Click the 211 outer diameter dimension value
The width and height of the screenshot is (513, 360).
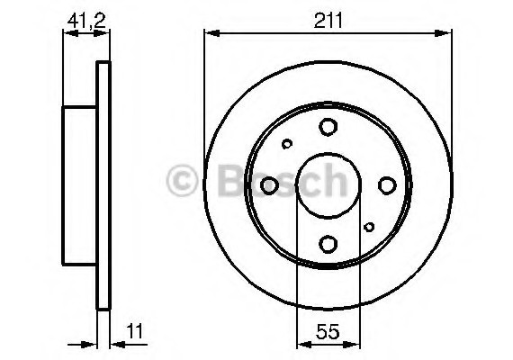tap(328, 18)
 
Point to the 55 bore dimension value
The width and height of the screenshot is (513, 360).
tap(328, 330)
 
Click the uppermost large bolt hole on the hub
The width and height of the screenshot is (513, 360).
tap(328, 127)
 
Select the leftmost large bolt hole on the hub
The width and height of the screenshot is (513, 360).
tap(269, 185)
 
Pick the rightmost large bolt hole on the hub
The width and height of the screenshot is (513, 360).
tap(387, 185)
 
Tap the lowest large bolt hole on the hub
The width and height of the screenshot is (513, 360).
tap(328, 243)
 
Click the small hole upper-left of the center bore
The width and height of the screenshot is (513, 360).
tap(287, 144)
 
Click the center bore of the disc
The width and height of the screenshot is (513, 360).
tap(328, 185)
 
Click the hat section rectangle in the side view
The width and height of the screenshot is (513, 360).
tap(79, 185)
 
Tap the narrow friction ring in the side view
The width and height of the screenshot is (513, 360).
tap(103, 185)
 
